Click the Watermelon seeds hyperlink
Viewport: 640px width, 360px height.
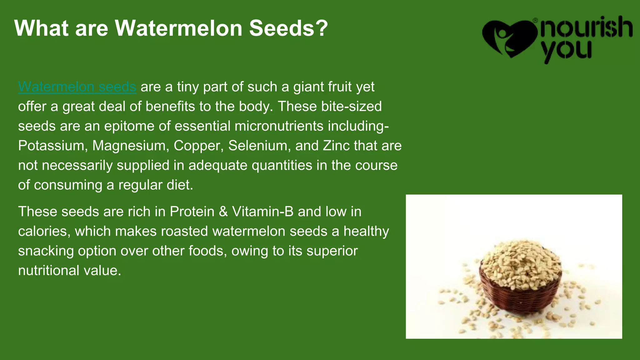point(77,87)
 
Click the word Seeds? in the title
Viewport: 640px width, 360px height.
point(288,28)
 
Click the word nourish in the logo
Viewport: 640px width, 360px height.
point(586,27)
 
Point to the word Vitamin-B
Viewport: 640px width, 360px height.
point(262,212)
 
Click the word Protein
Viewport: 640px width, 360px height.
point(192,212)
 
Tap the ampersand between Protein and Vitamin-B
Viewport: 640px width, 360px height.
point(223,212)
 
